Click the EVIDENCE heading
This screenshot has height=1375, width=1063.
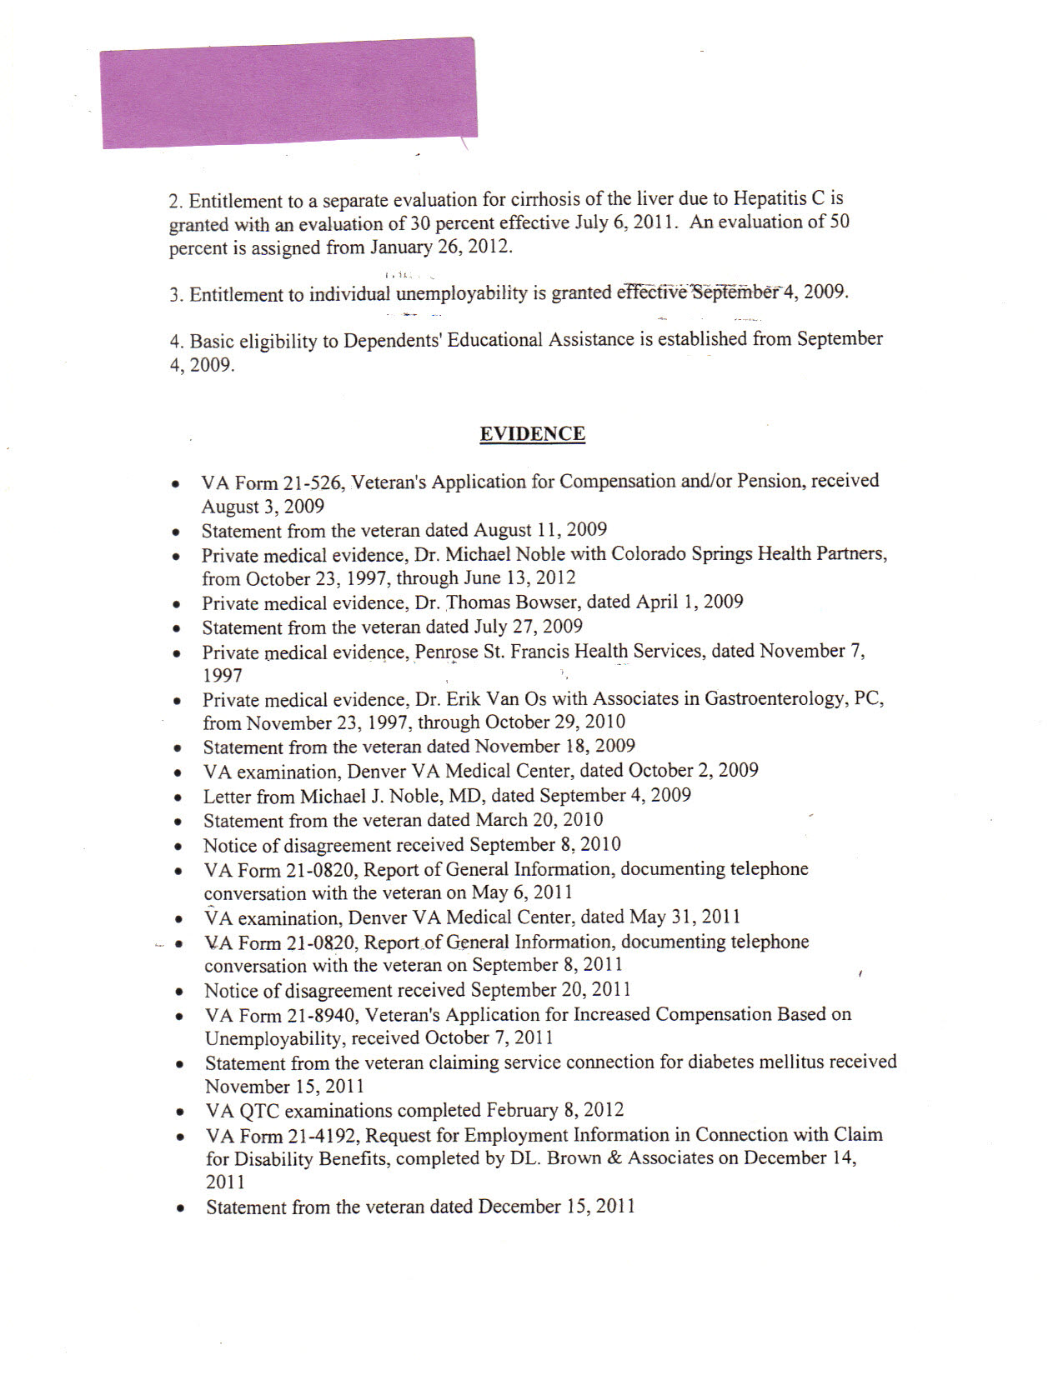click(532, 434)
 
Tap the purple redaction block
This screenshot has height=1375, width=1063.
click(288, 92)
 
